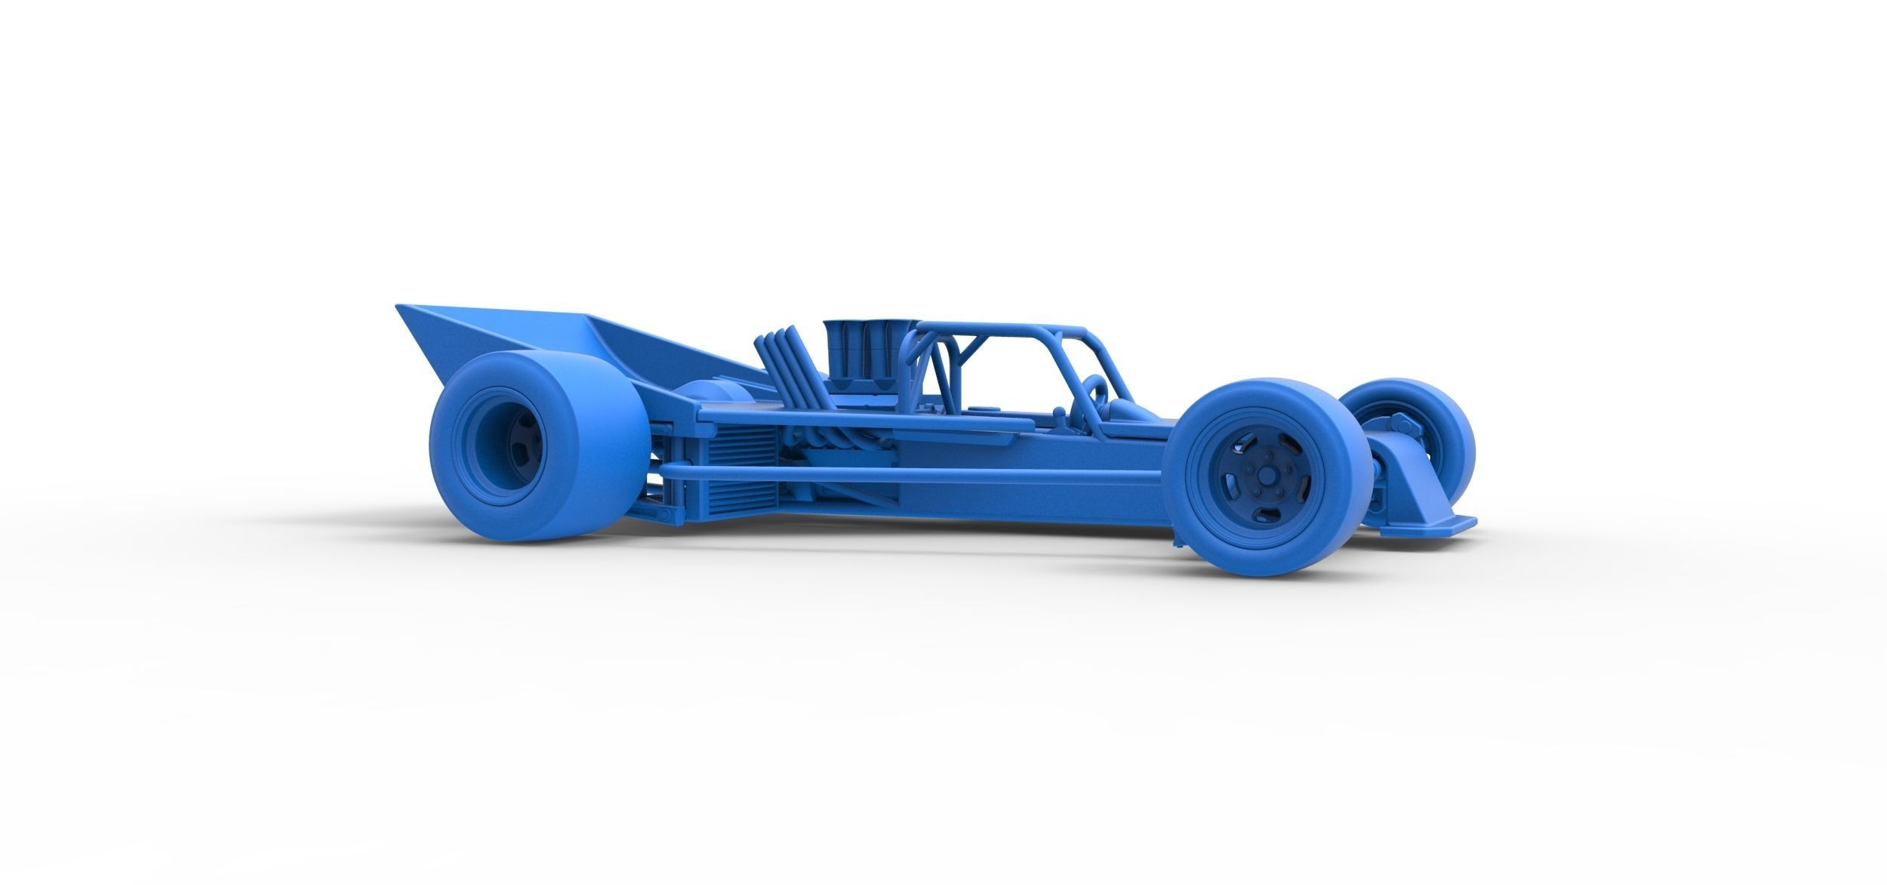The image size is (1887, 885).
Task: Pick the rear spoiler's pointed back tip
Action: (400, 307)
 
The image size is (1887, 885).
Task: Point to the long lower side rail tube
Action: (906, 474)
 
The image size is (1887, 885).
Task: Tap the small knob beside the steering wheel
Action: (1063, 414)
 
